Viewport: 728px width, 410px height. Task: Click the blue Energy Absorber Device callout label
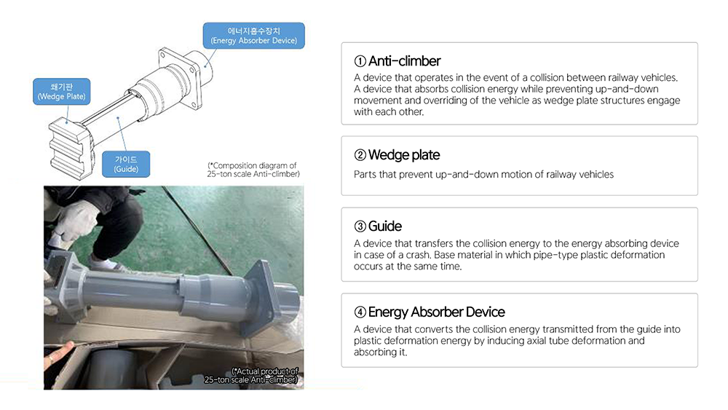[x=253, y=36]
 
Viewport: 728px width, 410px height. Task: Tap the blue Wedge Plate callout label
[x=62, y=92]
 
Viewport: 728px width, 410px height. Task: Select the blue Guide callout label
[x=126, y=164]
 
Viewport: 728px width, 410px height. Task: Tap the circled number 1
[x=360, y=61]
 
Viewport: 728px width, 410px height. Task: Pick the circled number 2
[x=360, y=155]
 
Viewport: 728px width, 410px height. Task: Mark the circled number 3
[x=360, y=226]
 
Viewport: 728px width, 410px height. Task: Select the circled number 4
[x=360, y=312]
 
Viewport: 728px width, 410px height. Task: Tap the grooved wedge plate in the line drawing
[x=70, y=149]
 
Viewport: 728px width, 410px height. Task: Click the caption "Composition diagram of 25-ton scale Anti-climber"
[x=253, y=170]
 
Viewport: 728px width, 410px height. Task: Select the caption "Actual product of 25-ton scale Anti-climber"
[x=251, y=375]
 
